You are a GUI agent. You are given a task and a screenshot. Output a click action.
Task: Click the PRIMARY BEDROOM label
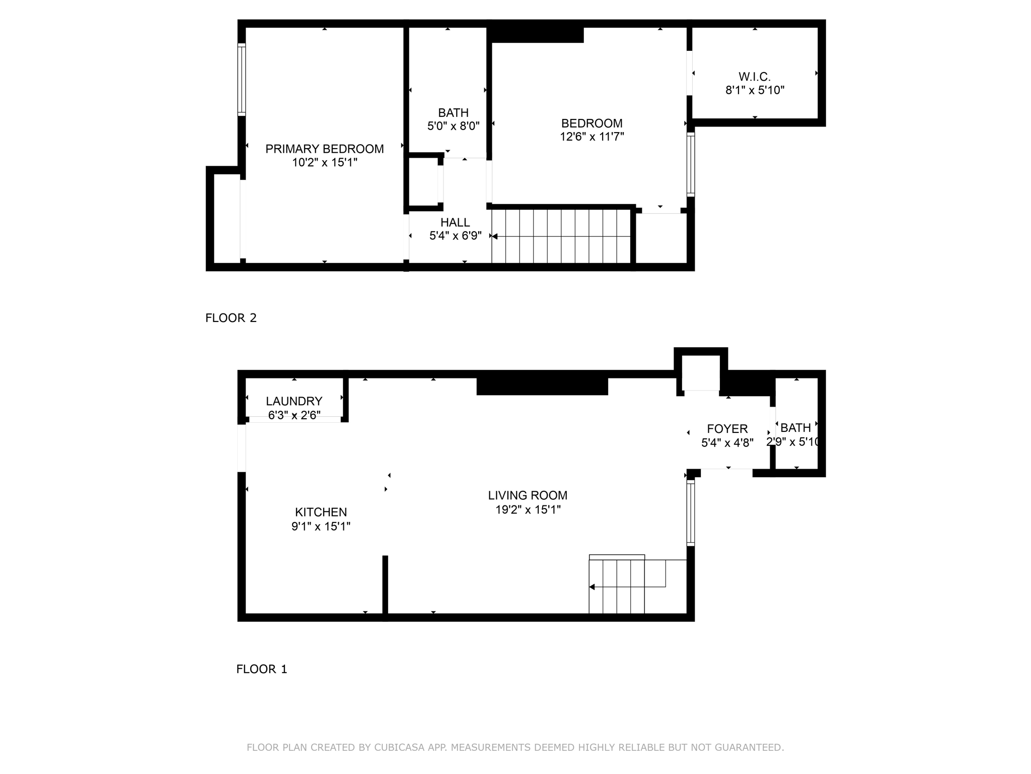324,149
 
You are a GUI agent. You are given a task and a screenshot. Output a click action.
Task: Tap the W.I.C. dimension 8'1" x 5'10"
755,90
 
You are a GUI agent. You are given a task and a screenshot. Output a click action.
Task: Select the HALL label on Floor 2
455,222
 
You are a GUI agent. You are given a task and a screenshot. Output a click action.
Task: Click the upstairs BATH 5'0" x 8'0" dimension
453,126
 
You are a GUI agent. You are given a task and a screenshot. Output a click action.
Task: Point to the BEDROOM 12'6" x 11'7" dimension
592,137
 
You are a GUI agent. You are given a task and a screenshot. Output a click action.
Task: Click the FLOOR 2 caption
231,318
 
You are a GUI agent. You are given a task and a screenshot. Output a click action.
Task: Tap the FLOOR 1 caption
262,669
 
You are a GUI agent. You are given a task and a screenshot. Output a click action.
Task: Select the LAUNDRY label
294,401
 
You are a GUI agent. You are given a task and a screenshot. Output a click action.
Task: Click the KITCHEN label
321,512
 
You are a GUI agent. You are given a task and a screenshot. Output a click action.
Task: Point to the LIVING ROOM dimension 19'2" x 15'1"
528,509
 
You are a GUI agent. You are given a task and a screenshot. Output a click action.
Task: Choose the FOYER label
727,429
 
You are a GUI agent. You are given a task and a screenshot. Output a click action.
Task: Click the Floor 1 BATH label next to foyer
795,428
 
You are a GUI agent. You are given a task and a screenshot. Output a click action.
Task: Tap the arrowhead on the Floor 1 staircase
593,587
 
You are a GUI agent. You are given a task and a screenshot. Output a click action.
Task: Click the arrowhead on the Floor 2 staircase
495,236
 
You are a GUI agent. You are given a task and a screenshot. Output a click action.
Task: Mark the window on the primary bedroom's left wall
242,80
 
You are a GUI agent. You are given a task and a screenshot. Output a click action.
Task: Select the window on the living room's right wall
691,512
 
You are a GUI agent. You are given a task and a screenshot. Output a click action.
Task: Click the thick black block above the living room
542,386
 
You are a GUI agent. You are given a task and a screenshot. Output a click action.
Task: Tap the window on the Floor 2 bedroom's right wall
691,164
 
